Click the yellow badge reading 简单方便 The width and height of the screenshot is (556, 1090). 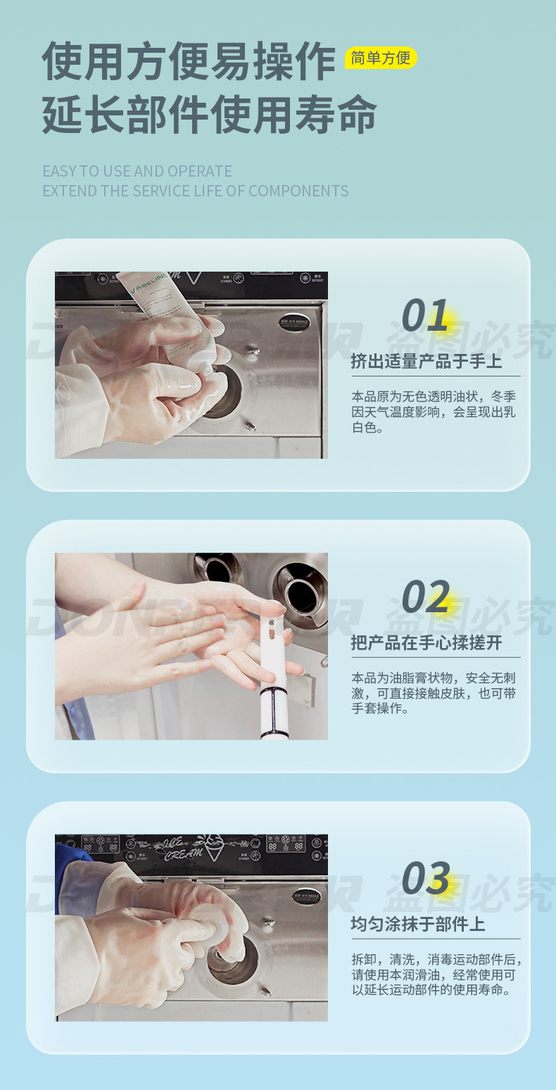(381, 58)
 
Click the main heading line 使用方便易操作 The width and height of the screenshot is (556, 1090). (189, 62)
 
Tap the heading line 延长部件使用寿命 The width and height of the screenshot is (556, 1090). (209, 114)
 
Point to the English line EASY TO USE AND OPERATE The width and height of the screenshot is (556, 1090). (137, 171)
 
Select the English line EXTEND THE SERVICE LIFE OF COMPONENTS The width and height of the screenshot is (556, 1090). (195, 191)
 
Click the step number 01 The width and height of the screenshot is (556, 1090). (425, 315)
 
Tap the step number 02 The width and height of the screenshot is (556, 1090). (425, 597)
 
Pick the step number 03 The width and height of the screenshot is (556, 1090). (425, 878)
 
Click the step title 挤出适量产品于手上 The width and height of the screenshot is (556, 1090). (427, 361)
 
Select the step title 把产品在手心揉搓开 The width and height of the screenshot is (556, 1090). (427, 642)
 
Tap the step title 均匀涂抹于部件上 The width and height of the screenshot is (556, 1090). (418, 924)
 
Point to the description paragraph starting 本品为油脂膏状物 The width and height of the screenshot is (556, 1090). (434, 693)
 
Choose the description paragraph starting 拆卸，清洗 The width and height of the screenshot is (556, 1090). (436, 975)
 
